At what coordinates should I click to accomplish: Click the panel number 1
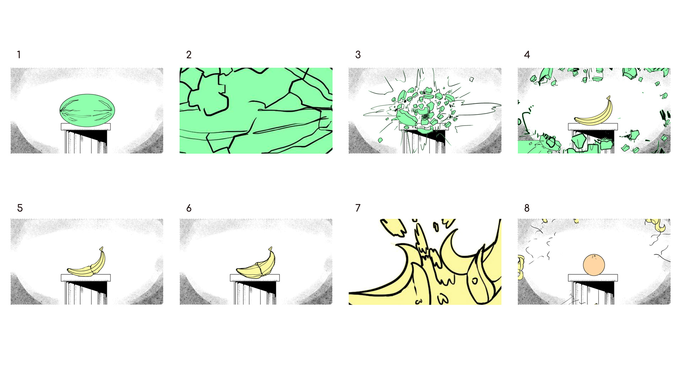tap(19, 55)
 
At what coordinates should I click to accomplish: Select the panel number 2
tap(189, 55)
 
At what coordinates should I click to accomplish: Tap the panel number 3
tap(358, 55)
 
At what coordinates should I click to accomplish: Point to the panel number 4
tap(527, 55)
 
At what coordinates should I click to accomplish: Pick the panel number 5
tap(20, 208)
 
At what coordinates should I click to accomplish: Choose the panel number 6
tap(189, 208)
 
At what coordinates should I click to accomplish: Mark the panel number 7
tap(358, 208)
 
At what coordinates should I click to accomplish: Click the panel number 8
tap(527, 208)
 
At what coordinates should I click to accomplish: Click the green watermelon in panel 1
tap(87, 110)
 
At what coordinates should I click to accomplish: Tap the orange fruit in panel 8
tap(594, 265)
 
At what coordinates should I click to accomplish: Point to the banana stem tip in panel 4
tap(609, 96)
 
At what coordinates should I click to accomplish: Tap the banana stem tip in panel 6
tap(271, 248)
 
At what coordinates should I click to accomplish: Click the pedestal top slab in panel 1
tap(86, 127)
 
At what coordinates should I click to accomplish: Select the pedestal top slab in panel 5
tap(86, 278)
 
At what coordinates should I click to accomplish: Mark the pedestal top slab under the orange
tap(593, 278)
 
